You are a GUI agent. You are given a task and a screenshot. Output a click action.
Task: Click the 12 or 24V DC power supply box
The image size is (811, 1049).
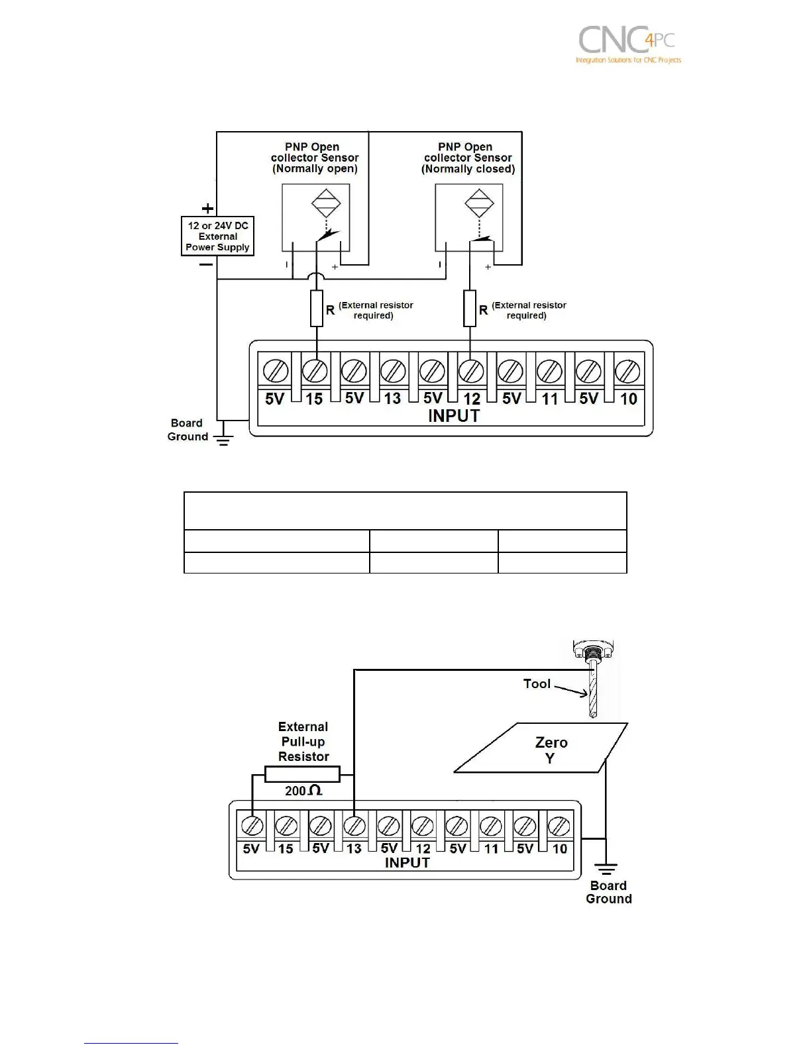pyautogui.click(x=218, y=236)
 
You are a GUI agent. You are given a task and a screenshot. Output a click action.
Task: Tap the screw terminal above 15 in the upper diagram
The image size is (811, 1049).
pyautogui.click(x=315, y=370)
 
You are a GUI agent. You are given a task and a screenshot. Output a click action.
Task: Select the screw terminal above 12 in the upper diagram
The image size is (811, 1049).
pyautogui.click(x=470, y=370)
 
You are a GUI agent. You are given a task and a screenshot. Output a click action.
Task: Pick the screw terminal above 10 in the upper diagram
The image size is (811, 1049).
pyautogui.click(x=626, y=370)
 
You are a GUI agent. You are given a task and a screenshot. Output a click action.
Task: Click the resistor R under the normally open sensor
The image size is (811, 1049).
pyautogui.click(x=317, y=308)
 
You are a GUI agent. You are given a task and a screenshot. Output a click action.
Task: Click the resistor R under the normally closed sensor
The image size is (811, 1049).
pyautogui.click(x=470, y=308)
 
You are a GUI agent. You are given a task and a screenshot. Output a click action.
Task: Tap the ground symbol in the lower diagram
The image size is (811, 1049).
pyautogui.click(x=606, y=868)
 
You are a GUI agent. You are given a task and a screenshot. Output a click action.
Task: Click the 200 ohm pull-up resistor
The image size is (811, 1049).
pyautogui.click(x=302, y=774)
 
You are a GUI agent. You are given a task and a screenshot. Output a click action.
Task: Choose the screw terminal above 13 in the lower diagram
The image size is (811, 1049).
pyautogui.click(x=354, y=826)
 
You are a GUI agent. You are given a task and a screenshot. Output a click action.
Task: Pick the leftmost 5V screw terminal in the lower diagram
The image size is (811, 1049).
pyautogui.click(x=252, y=826)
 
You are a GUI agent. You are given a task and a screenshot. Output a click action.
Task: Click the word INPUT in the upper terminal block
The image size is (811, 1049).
pyautogui.click(x=453, y=417)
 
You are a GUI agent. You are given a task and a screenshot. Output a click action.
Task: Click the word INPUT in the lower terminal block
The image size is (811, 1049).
pyautogui.click(x=407, y=862)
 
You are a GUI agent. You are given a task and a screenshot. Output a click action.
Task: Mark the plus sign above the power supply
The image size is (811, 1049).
pyautogui.click(x=207, y=208)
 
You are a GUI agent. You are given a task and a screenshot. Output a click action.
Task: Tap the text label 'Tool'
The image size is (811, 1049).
pyautogui.click(x=537, y=683)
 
